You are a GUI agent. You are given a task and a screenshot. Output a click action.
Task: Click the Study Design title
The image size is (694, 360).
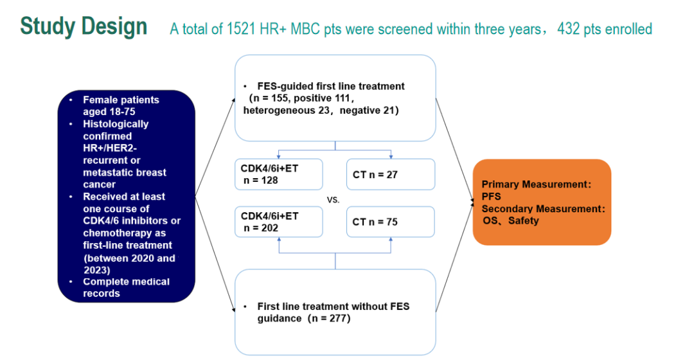click(84, 26)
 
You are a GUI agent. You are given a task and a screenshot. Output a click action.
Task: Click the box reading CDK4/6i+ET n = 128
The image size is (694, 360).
click(278, 174)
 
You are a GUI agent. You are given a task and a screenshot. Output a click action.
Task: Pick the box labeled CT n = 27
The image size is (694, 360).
click(391, 174)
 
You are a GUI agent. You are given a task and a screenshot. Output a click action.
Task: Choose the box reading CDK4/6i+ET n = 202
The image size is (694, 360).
click(278, 222)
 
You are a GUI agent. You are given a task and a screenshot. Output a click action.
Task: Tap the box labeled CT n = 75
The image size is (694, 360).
click(391, 222)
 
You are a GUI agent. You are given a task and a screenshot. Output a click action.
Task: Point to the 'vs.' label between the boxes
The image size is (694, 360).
click(334, 200)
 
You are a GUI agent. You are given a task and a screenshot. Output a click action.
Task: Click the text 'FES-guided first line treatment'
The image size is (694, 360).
click(331, 86)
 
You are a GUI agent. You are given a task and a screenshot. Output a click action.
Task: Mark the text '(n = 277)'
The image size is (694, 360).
click(328, 318)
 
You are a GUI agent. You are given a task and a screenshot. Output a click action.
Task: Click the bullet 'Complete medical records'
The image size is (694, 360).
click(126, 287)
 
